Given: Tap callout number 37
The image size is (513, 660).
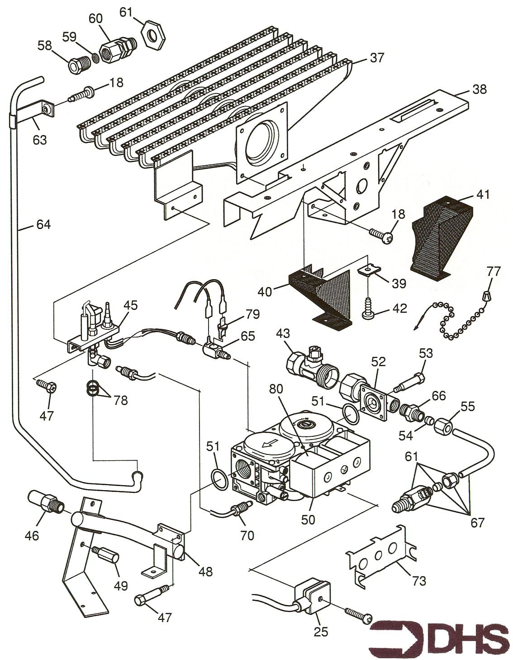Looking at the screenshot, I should [x=377, y=58].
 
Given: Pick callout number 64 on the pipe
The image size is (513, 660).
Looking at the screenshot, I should [x=44, y=225].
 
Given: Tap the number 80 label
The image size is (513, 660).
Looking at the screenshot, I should [x=276, y=389].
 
